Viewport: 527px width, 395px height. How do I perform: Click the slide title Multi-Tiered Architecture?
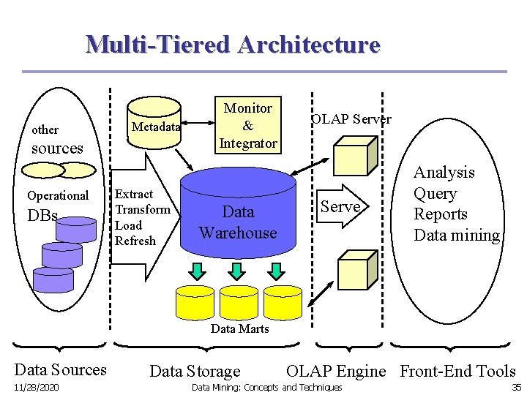point(233,44)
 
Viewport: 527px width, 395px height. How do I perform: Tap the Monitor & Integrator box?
point(247,125)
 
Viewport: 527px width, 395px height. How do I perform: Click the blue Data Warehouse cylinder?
point(237,219)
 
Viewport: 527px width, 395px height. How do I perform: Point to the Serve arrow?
point(340,206)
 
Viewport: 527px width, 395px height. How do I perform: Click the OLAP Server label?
point(351,118)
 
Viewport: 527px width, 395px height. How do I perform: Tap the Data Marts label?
point(239,328)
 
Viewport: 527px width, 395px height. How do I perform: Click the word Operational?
point(58,195)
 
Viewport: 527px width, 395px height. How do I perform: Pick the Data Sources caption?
point(60,369)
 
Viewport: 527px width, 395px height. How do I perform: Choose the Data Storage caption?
point(195,372)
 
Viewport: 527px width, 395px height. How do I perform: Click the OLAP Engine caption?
point(335,371)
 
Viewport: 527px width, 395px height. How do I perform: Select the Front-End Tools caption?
point(457,371)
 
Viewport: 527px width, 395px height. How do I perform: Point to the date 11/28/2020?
point(37,387)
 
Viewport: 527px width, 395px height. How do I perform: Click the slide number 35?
point(516,387)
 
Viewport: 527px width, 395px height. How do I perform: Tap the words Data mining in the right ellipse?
point(456,235)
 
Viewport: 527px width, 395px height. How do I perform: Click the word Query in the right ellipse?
point(435,193)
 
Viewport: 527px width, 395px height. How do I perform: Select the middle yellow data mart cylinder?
point(239,301)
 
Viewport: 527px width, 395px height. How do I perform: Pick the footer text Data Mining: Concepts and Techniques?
point(266,387)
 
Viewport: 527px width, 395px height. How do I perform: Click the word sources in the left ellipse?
point(57,148)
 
